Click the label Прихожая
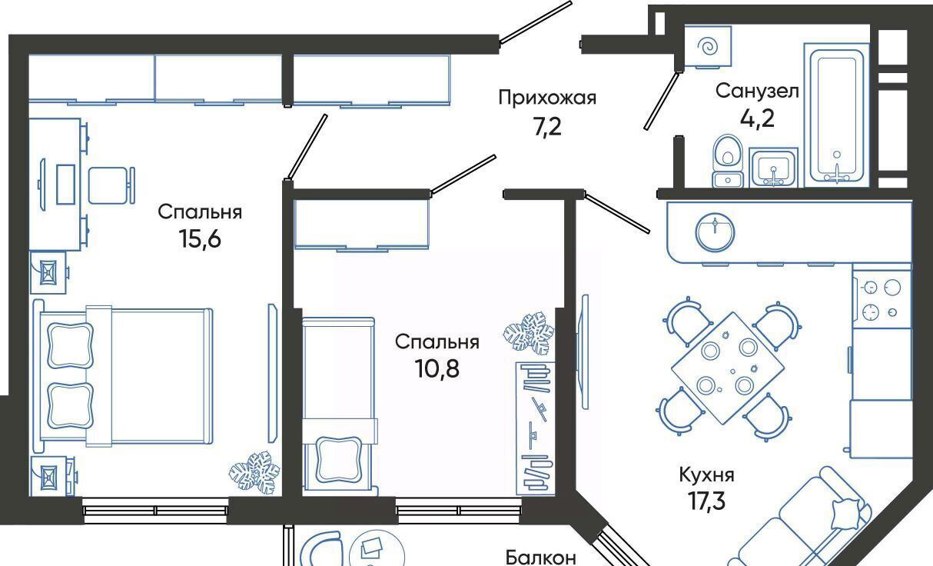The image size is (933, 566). click(547, 98)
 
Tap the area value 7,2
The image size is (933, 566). click(547, 127)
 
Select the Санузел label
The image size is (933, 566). click(757, 91)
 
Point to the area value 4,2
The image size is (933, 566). click(757, 118)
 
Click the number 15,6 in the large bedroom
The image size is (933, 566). click(200, 238)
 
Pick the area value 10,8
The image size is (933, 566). click(437, 368)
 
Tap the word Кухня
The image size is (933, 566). click(707, 474)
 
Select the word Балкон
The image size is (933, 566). click(540, 557)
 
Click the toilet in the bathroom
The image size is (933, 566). click(728, 161)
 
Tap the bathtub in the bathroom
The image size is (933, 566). click(836, 115)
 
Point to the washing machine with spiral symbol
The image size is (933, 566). click(708, 47)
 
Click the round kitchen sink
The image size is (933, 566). click(715, 232)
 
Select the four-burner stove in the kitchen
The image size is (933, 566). click(882, 299)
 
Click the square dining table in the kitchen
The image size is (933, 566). click(728, 368)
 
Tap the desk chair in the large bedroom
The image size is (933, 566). click(111, 185)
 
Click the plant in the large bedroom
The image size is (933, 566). click(255, 473)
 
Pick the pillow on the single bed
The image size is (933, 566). click(338, 459)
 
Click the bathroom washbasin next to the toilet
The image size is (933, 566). click(773, 168)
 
